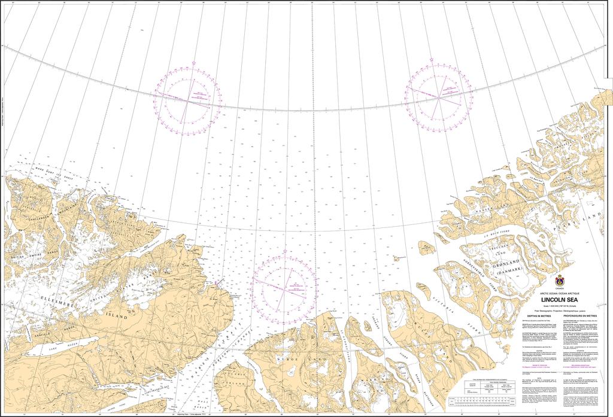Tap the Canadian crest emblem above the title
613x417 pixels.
[560, 280]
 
